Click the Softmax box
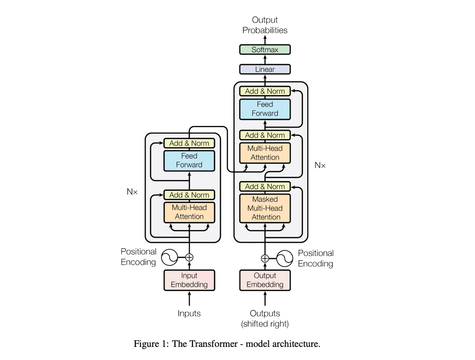click(x=265, y=50)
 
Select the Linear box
click(x=265, y=69)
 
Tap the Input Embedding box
click(x=189, y=280)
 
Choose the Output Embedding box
click(x=265, y=280)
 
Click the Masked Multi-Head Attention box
click(x=265, y=208)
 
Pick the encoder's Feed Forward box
click(x=189, y=160)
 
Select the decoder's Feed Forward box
click(x=265, y=109)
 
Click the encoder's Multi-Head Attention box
click(x=189, y=212)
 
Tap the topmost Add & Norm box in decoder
click(x=265, y=91)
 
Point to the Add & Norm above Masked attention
click(x=265, y=187)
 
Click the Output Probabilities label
click(x=265, y=25)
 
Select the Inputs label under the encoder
click(x=189, y=314)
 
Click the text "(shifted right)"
click(x=265, y=324)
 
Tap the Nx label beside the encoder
click(x=132, y=192)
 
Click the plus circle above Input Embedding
click(x=189, y=257)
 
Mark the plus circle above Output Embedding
click(x=265, y=258)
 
